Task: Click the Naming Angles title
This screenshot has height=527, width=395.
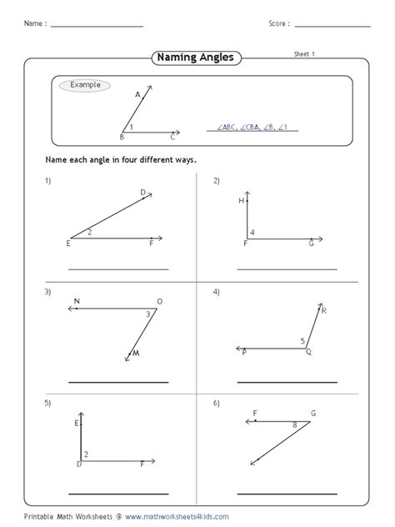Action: pos(197,58)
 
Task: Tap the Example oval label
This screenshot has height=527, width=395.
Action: pos(85,85)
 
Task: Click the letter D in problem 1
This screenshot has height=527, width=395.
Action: pos(142,193)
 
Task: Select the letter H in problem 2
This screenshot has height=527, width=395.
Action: pos(240,201)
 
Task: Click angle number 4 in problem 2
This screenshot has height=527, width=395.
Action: pos(252,232)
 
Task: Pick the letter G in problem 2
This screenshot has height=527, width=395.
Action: pos(311,243)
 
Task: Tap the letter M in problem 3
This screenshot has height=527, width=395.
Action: pos(137,352)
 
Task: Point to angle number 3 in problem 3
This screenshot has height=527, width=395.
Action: pos(148,314)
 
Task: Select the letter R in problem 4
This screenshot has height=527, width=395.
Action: pos(323,311)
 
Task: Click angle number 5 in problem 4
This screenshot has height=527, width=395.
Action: pos(302,340)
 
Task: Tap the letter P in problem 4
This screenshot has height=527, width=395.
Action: pos(244,354)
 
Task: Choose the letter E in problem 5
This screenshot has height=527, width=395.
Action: pos(77,424)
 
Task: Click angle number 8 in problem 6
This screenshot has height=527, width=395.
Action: pos(294,425)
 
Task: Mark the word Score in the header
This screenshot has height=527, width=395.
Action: pos(277,24)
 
